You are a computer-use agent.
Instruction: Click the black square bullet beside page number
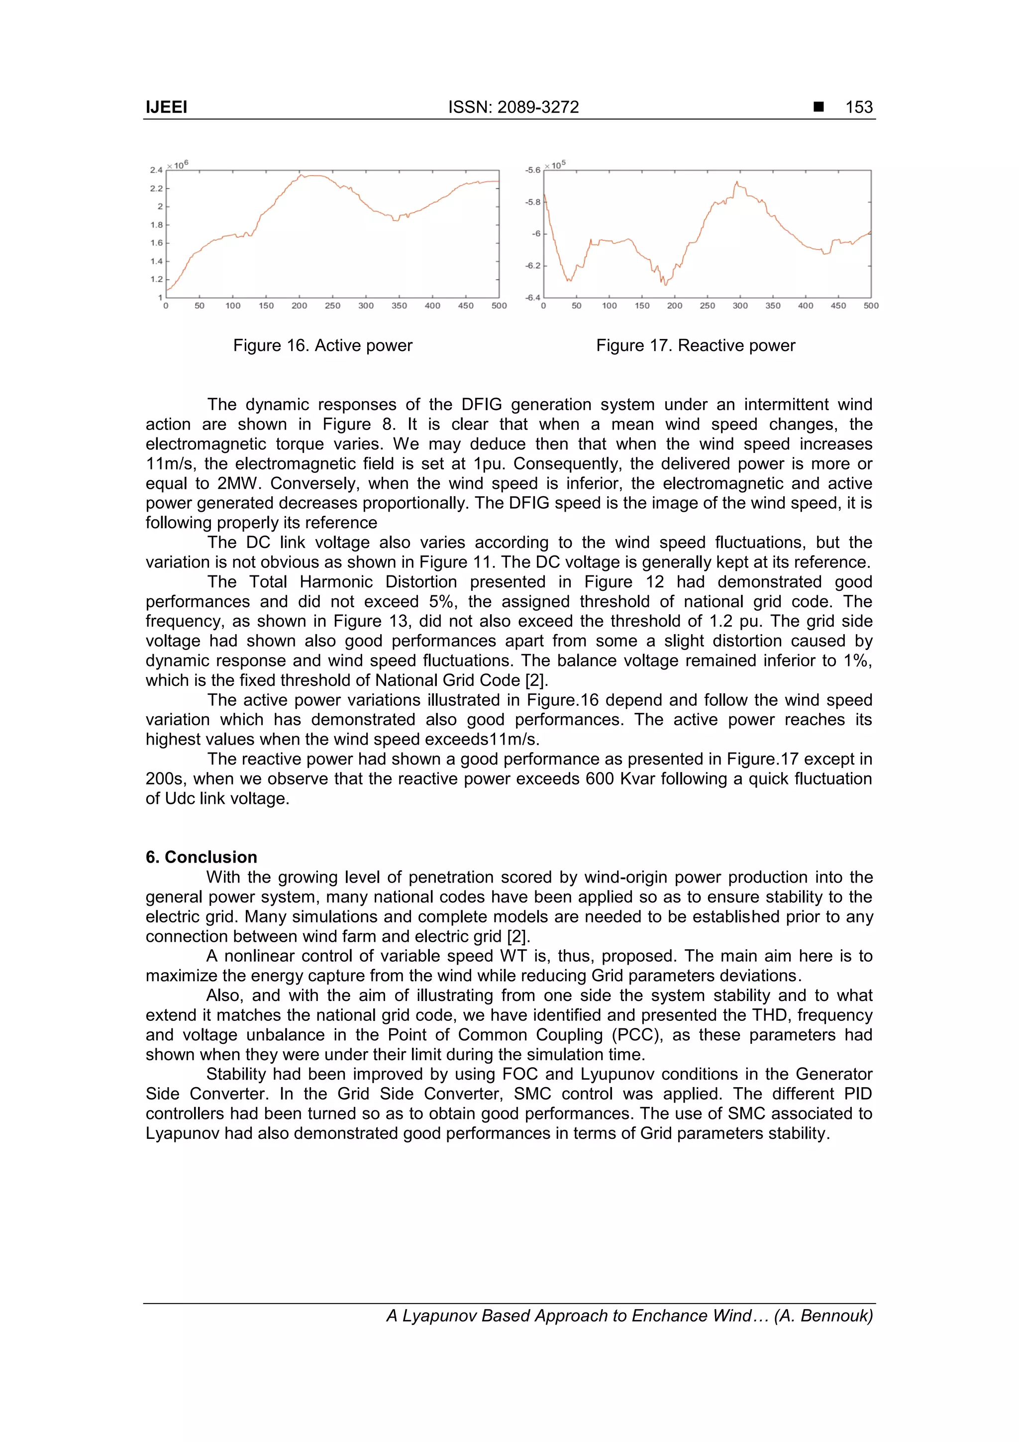coord(818,107)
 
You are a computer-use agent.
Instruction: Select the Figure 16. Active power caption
coord(323,345)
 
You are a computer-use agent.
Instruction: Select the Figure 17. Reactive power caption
coord(695,345)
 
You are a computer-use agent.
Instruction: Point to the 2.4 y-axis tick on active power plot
coord(156,170)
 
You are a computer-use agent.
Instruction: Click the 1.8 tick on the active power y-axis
coord(156,225)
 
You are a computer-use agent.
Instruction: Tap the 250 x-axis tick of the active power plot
coord(332,306)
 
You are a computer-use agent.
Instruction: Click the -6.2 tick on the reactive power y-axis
coord(532,266)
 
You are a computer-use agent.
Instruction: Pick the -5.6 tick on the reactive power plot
coord(532,170)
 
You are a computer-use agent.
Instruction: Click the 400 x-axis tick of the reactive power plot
coord(805,306)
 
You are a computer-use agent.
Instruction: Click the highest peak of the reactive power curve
coord(736,183)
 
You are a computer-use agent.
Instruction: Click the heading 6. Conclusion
coord(201,857)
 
